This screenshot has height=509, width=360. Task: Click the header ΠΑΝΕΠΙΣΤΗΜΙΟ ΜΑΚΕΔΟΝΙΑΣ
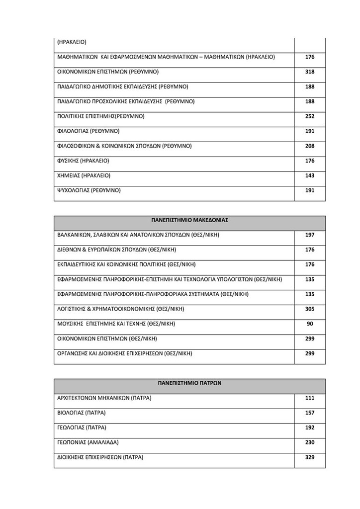pyautogui.click(x=189, y=219)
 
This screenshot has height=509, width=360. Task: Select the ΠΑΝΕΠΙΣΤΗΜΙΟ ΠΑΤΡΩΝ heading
pyautogui.click(x=189, y=383)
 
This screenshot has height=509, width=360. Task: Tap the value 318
pyautogui.click(x=310, y=72)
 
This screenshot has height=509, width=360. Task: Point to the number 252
pyautogui.click(x=310, y=116)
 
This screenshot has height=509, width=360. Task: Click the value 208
pyautogui.click(x=310, y=146)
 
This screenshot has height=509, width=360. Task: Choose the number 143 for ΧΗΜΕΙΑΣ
pyautogui.click(x=310, y=175)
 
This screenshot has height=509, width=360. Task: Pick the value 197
pyautogui.click(x=310, y=235)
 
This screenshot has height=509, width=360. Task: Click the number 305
pyautogui.click(x=310, y=309)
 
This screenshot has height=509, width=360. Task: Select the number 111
pyautogui.click(x=310, y=398)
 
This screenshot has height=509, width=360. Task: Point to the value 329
pyautogui.click(x=310, y=457)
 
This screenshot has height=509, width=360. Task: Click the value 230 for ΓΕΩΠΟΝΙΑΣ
pyautogui.click(x=310, y=442)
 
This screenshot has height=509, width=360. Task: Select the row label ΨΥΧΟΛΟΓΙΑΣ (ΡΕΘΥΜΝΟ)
pyautogui.click(x=90, y=190)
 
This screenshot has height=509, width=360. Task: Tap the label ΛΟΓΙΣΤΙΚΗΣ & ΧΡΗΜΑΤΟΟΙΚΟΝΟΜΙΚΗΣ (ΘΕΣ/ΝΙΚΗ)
pyautogui.click(x=121, y=309)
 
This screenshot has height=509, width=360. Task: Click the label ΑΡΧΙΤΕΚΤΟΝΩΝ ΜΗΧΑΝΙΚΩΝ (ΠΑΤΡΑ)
pyautogui.click(x=104, y=398)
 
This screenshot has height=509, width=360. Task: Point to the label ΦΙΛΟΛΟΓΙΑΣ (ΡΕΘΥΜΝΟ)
pyautogui.click(x=89, y=131)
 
